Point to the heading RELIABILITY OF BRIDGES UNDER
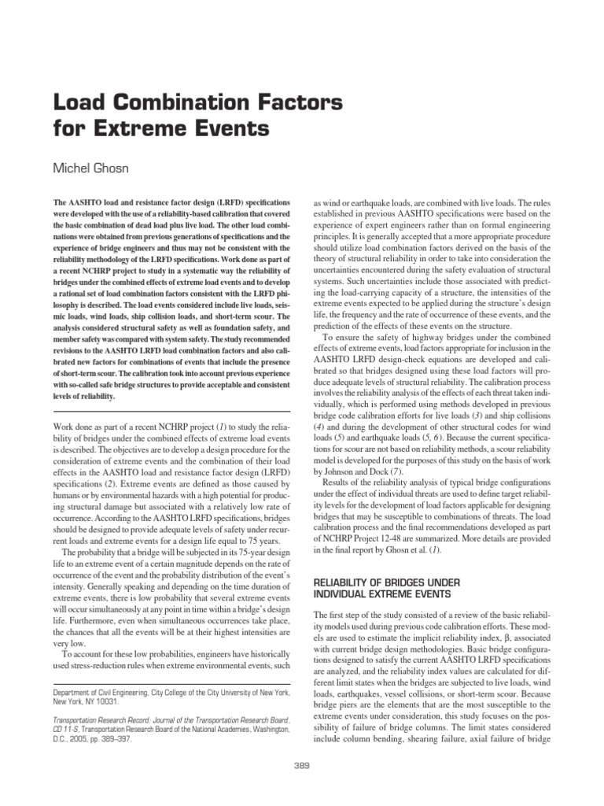click(x=389, y=582)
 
